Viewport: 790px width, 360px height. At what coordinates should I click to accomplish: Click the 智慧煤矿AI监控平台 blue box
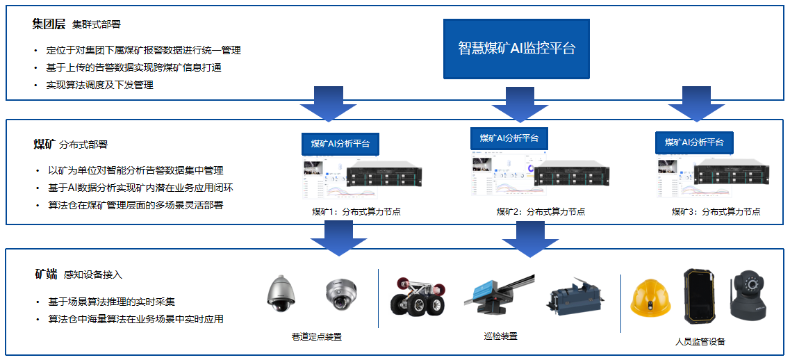pyautogui.click(x=516, y=49)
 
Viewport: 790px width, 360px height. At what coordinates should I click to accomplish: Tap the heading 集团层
pyautogui.click(x=49, y=24)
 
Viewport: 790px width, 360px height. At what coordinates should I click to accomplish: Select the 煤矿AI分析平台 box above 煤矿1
pyautogui.click(x=340, y=144)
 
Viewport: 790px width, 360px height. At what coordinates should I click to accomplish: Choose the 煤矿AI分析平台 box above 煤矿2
pyautogui.click(x=509, y=138)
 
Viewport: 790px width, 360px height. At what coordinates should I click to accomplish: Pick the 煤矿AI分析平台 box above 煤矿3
pyautogui.click(x=694, y=142)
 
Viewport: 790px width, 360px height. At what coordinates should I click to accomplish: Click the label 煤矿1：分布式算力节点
pyautogui.click(x=356, y=212)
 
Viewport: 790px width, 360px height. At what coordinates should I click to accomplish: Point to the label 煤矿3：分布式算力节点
pyautogui.click(x=716, y=212)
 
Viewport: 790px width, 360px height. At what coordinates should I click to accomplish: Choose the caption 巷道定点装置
pyautogui.click(x=316, y=337)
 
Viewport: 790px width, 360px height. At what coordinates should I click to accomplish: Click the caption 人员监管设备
pyautogui.click(x=700, y=342)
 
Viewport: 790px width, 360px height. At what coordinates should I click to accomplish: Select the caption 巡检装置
pyautogui.click(x=500, y=336)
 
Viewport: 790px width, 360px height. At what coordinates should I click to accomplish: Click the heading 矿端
pyautogui.click(x=46, y=274)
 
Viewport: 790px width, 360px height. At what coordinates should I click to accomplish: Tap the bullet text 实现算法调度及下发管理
pyautogui.click(x=100, y=85)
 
